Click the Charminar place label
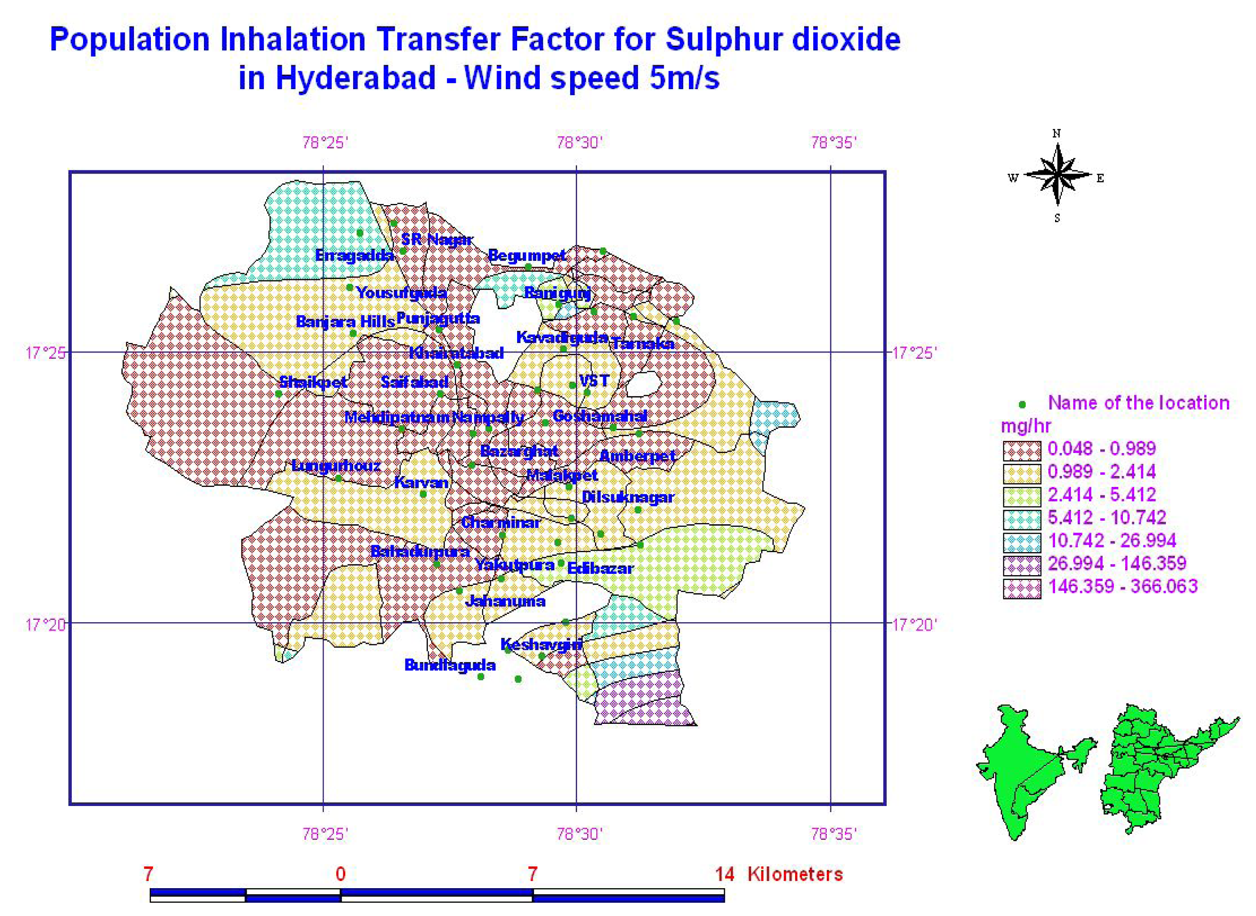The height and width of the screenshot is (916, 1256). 500,522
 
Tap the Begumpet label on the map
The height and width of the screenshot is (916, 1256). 527,256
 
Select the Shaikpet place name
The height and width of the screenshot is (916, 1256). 313,382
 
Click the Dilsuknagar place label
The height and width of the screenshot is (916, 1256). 628,497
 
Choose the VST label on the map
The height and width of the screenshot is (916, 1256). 594,381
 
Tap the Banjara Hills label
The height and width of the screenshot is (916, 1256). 345,322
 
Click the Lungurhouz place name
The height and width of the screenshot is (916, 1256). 336,465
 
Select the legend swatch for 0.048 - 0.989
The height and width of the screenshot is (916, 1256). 1022,451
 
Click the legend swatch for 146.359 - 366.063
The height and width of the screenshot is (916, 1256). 1022,588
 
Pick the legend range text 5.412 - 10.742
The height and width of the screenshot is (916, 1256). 1107,517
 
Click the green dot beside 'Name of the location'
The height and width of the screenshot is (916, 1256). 1022,405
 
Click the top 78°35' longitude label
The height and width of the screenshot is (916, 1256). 833,143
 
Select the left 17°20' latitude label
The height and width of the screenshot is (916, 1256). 46,625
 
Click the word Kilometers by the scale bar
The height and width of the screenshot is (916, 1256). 795,874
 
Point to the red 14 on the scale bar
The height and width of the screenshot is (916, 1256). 724,874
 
